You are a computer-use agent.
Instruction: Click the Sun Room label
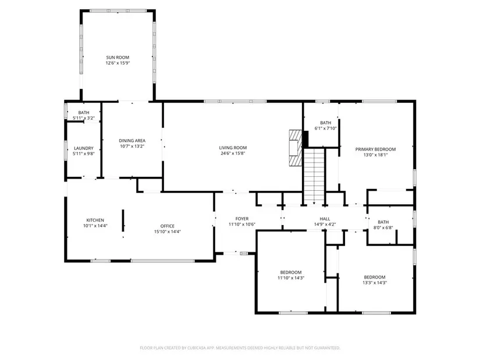[x=118, y=57]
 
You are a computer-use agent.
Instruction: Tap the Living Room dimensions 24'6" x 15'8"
[x=233, y=154]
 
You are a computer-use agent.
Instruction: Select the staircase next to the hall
[x=314, y=177]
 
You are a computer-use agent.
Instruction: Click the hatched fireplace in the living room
[x=296, y=148]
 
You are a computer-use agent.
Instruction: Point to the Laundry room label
[x=83, y=148]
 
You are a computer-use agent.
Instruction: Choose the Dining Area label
[x=132, y=141]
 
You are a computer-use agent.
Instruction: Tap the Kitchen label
[x=95, y=220]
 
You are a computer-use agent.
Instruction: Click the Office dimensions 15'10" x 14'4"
[x=168, y=231]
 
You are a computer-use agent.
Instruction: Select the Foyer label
[x=242, y=219]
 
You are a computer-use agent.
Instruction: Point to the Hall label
[x=325, y=219]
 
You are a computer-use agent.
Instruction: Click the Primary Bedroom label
[x=375, y=149]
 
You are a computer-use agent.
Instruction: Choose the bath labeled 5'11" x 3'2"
[x=84, y=112]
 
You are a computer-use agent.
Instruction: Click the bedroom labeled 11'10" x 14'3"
[x=291, y=272]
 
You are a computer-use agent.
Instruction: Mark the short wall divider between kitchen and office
[x=123, y=220]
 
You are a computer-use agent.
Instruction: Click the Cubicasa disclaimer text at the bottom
[x=240, y=348]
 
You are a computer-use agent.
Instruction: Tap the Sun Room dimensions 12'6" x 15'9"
[x=118, y=63]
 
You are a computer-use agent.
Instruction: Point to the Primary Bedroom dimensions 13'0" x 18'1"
[x=375, y=155]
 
